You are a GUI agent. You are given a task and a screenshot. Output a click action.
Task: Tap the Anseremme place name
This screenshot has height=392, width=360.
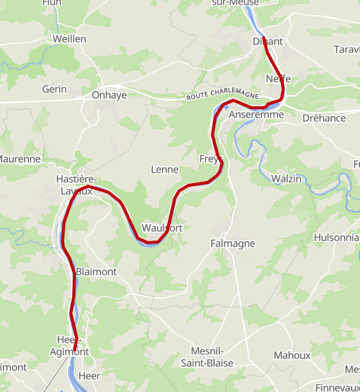(x=256, y=115)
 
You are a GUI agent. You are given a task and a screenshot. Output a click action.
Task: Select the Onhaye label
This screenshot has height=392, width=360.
(x=109, y=95)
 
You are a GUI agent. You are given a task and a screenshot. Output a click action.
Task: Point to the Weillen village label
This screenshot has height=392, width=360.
(x=69, y=38)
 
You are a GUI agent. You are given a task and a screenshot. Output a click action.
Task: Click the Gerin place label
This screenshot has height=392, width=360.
(x=54, y=89)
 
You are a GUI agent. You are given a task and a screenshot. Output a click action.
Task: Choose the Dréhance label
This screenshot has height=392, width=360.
(x=324, y=118)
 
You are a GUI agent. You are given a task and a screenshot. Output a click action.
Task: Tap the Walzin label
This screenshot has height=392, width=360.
(x=285, y=179)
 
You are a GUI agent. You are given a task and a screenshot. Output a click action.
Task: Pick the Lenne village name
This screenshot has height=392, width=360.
(x=164, y=170)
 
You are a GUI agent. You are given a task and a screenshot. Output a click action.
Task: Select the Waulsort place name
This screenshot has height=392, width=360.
(x=162, y=228)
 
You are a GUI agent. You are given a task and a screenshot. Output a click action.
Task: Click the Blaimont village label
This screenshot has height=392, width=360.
(x=96, y=271)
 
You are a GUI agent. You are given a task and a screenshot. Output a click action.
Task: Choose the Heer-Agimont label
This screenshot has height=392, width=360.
(x=69, y=345)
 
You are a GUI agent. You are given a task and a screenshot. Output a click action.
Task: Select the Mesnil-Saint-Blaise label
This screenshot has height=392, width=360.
(x=207, y=357)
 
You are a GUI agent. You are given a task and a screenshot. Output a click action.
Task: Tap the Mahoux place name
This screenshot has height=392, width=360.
(x=291, y=355)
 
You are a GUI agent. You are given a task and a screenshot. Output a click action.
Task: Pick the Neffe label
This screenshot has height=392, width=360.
(x=278, y=79)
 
